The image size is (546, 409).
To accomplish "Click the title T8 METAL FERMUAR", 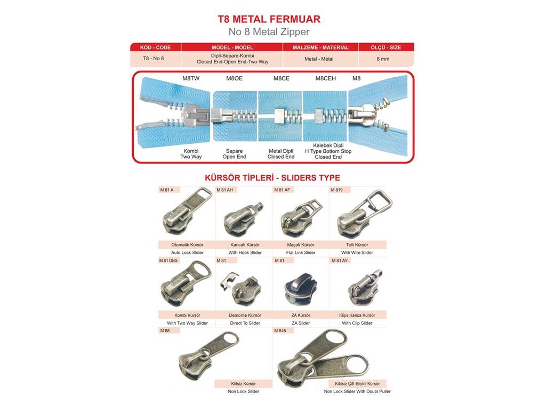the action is click(269, 19).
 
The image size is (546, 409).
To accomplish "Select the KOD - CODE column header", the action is click(155, 47).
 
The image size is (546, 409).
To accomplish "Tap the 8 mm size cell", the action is click(383, 59).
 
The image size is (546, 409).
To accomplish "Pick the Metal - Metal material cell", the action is click(319, 59).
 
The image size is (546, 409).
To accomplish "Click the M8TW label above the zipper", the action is click(191, 78).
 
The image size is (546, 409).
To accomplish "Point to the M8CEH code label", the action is click(326, 78).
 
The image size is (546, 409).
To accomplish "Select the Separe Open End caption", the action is click(234, 154).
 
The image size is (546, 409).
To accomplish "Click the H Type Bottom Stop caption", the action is click(328, 151).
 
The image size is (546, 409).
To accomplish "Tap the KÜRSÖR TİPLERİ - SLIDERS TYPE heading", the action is click(272, 178).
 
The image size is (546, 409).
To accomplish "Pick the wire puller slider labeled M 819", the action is click(362, 213).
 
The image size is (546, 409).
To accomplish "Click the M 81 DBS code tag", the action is click(168, 260).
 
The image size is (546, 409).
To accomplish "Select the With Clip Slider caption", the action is click(357, 323).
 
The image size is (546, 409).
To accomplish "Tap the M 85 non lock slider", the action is click(208, 358).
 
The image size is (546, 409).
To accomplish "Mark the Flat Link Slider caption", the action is click(301, 252).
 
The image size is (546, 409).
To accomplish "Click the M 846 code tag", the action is click(280, 331).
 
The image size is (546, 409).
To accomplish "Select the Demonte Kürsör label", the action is click(245, 315).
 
